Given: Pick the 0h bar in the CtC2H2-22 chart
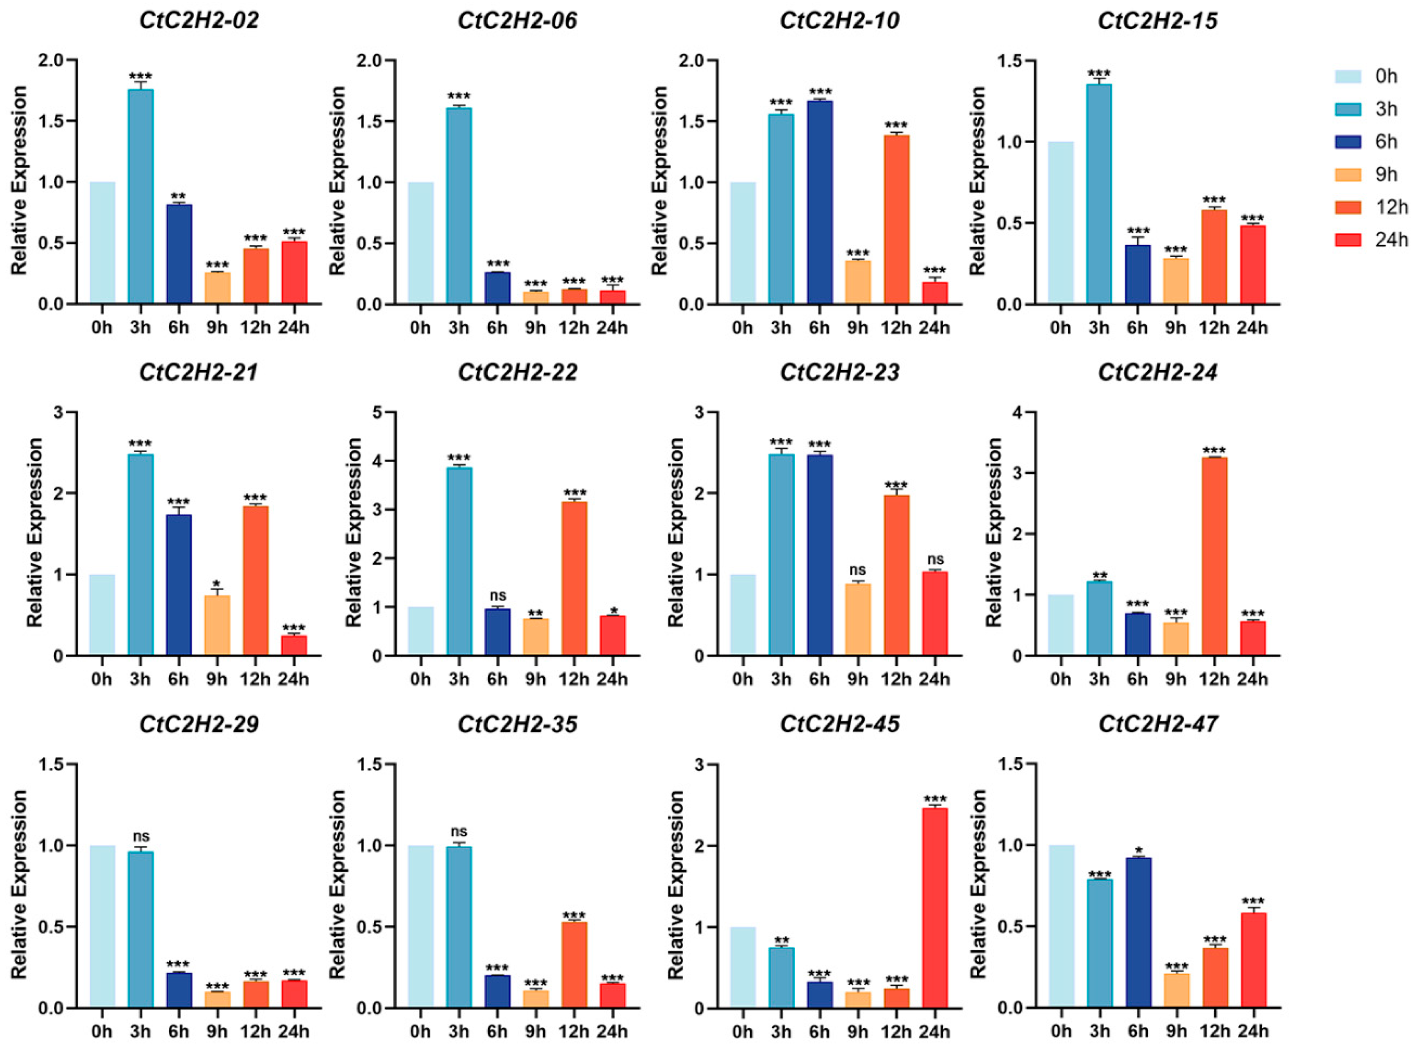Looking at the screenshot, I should pyautogui.click(x=420, y=631).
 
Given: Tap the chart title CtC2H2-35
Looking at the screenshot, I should pyautogui.click(x=518, y=724).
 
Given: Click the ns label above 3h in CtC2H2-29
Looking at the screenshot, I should pyautogui.click(x=141, y=837).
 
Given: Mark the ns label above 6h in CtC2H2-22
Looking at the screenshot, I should pyautogui.click(x=497, y=596).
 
